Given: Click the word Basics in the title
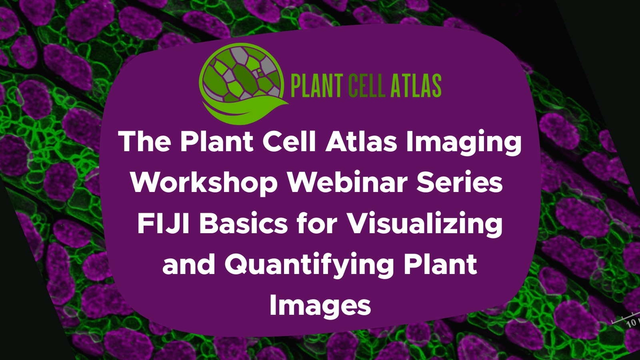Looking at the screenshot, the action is (x=243, y=223).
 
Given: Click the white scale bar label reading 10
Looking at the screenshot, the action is (x=632, y=322).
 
